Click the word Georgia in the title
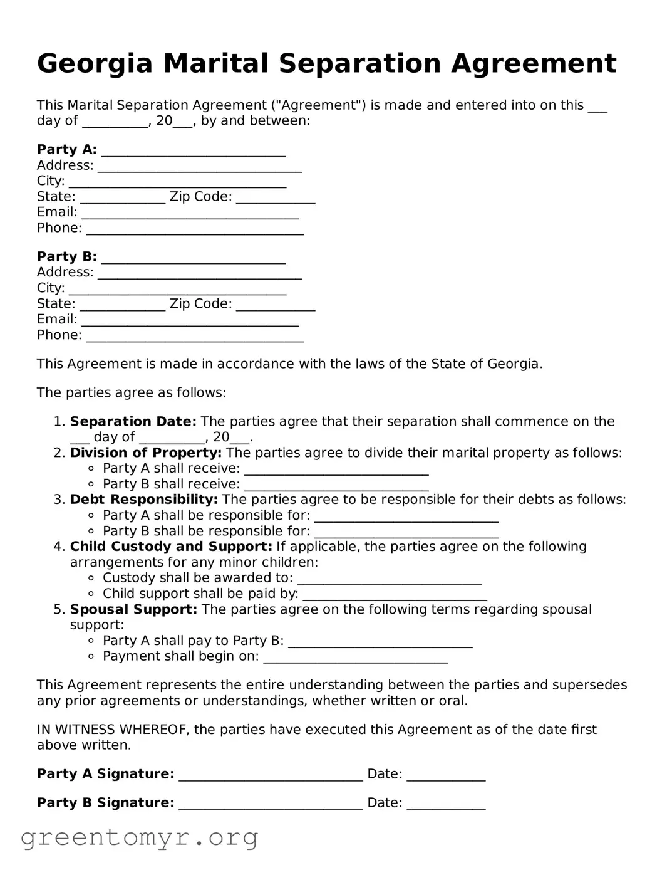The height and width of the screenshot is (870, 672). (95, 64)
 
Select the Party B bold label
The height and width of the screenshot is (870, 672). (66, 256)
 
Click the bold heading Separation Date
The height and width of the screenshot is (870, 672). (133, 421)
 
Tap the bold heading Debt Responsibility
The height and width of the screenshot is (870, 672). (143, 500)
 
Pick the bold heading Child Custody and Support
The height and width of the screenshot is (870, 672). (171, 547)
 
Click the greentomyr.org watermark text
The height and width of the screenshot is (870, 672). (139, 837)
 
